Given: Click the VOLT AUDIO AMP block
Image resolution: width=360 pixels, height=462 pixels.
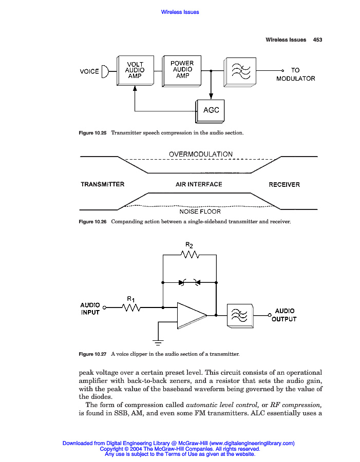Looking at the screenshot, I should [x=135, y=70].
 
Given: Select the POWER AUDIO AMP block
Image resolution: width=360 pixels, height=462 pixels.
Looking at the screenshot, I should [x=182, y=70].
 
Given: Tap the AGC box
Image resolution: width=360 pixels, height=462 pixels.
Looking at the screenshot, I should [x=211, y=110].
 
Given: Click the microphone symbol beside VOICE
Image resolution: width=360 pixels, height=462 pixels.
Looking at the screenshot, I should [x=105, y=71].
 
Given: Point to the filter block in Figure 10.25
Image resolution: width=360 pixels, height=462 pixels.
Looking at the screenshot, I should [x=239, y=70].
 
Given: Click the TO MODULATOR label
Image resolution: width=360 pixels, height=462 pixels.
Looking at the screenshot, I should [x=295, y=74].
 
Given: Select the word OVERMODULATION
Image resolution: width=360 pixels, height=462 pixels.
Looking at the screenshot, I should [x=200, y=154].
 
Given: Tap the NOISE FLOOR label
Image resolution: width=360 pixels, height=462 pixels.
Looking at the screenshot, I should [x=200, y=211].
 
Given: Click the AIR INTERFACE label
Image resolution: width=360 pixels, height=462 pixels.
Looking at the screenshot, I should [x=199, y=184].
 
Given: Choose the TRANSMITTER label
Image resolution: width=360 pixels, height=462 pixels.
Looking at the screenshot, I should [x=102, y=184].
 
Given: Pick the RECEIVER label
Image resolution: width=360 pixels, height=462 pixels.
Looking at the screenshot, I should [x=284, y=185].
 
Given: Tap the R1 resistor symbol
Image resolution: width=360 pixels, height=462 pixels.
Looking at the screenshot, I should [x=131, y=307].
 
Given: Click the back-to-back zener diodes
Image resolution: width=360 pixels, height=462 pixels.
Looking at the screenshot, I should [x=189, y=282].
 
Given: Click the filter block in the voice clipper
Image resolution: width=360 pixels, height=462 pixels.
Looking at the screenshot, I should [x=240, y=315].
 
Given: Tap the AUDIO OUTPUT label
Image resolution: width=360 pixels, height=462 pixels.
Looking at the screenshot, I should [x=284, y=315].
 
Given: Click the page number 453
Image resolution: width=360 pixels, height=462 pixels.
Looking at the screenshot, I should [x=317, y=40].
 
